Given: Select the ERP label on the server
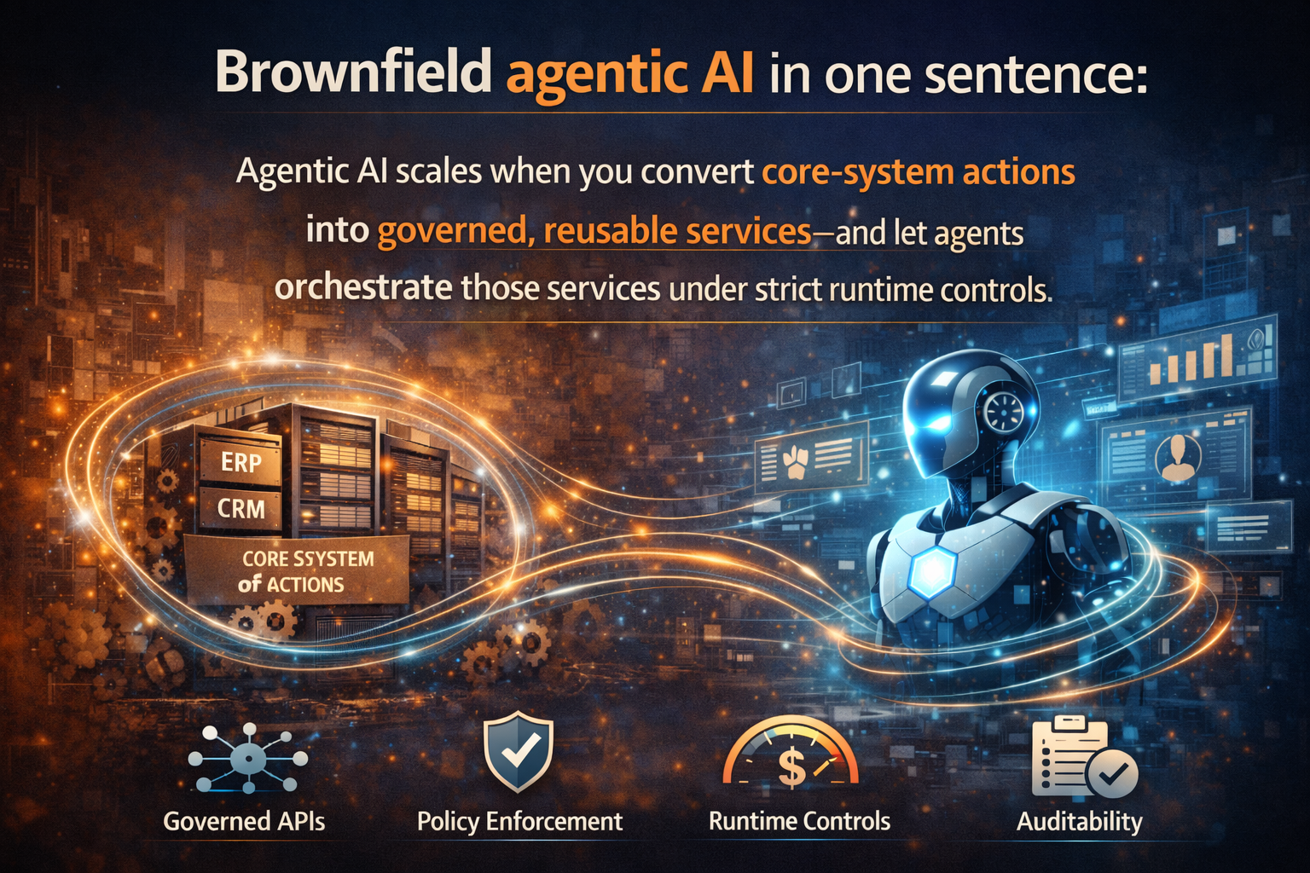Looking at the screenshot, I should coord(241,462).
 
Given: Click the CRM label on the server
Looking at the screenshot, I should coord(241,509).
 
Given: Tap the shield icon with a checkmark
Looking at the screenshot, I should coord(519,753).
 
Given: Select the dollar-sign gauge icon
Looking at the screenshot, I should coord(791,755).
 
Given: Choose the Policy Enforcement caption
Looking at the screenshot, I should coord(519,821).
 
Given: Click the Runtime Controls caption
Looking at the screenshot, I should coord(799,821).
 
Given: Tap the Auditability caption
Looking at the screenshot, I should coord(1079,821).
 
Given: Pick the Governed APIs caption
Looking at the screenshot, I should coord(244,821).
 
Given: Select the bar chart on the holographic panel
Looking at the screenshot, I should coord(1191,359).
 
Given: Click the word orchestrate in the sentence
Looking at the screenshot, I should coord(363,287).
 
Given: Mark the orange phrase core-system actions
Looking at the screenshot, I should coord(918,172).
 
